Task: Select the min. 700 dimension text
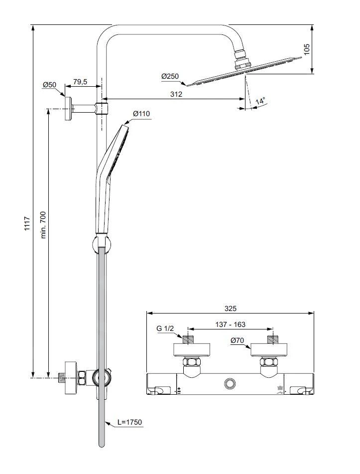43,225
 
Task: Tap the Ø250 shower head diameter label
170,76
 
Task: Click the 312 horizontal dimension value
176,94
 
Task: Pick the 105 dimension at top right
307,49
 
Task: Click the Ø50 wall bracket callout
49,85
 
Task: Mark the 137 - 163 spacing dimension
230,324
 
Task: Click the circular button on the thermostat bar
230,383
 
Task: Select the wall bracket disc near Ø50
67,108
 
